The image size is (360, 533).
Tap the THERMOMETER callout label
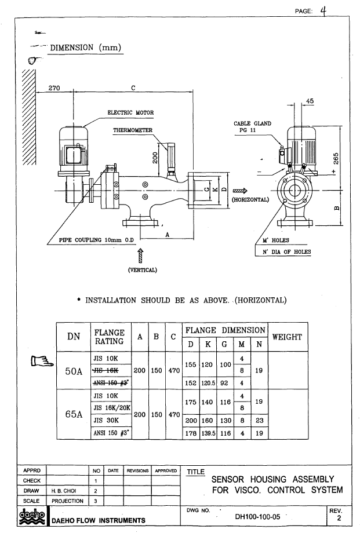pos(132,130)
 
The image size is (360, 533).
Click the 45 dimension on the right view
pos(310,101)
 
